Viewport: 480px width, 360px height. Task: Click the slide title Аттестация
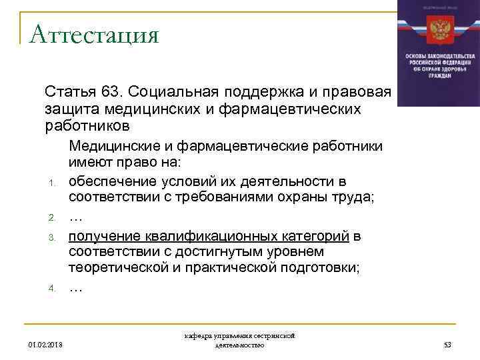click(x=94, y=33)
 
